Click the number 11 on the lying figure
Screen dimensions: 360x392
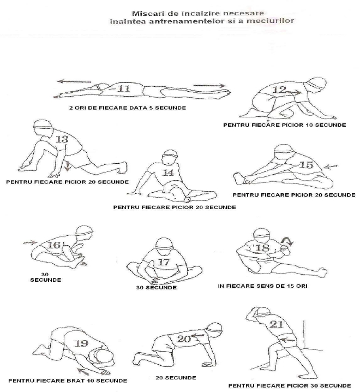pos(124,88)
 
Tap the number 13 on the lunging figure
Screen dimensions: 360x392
pos(62,139)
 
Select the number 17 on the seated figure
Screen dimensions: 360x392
pos(164,262)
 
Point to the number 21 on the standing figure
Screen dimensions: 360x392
pos(277,324)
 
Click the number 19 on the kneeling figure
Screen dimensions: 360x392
pos(81,343)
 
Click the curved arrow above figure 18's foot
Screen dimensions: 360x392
pos(287,241)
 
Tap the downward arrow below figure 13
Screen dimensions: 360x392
pos(67,167)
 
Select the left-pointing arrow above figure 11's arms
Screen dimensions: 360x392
pos(74,81)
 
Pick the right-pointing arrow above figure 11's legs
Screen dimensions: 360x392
pos(209,86)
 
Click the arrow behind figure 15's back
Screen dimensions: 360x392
pos(330,167)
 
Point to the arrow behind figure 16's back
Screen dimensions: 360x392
pos(30,242)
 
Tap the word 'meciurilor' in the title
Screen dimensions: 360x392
pos(270,20)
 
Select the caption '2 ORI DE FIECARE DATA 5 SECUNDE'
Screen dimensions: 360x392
pos(128,108)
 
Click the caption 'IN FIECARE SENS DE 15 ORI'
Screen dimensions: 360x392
pos(262,286)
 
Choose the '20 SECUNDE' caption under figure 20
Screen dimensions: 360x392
pos(176,377)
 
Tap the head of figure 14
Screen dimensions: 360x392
pos(170,157)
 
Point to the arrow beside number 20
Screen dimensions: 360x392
pos(198,336)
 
